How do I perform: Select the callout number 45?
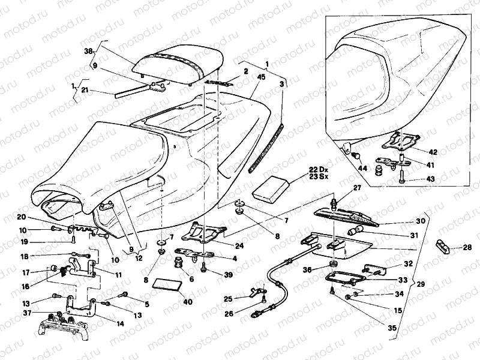(x=262, y=77)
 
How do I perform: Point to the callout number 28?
(x=467, y=247)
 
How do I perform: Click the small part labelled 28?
(x=442, y=246)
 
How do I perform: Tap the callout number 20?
(x=37, y=217)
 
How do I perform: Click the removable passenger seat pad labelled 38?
(x=180, y=62)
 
